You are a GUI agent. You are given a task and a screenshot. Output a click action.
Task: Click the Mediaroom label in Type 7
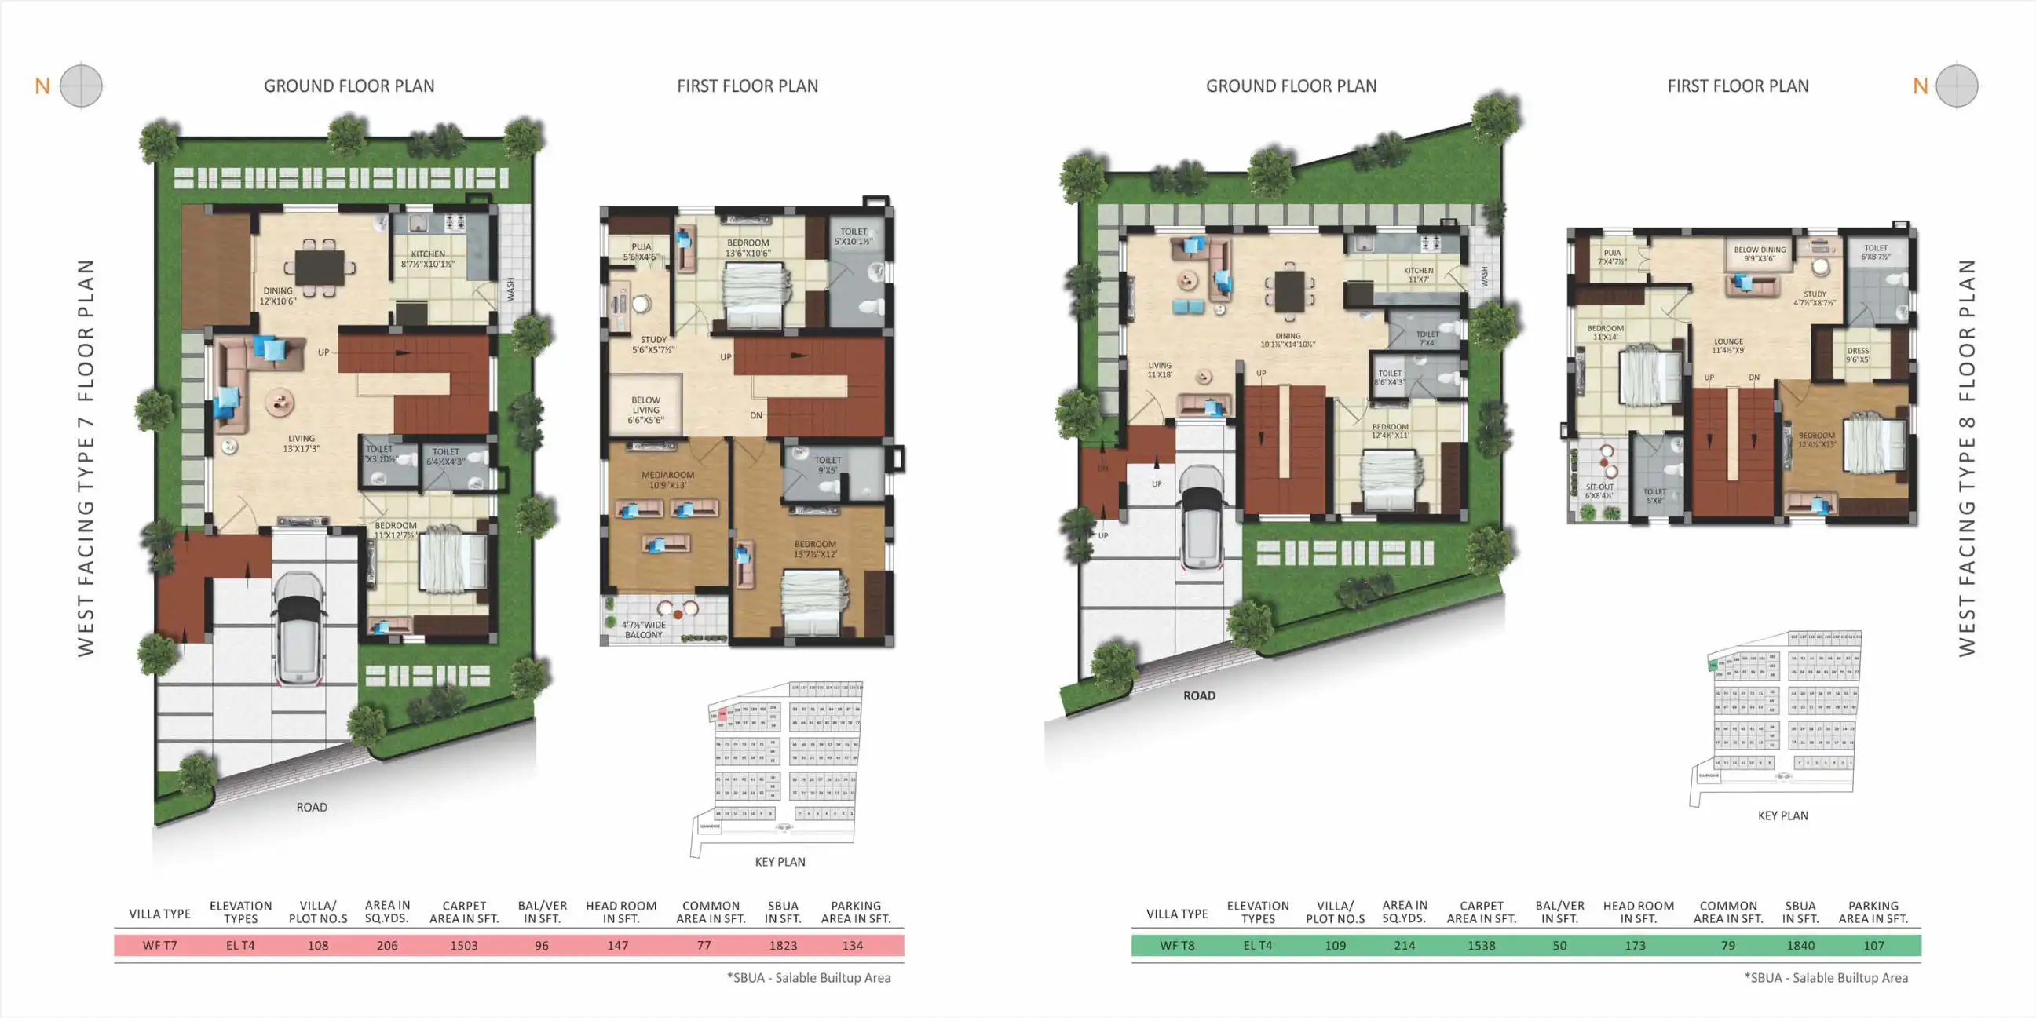point(668,480)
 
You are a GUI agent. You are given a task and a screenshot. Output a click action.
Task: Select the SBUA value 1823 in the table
point(783,945)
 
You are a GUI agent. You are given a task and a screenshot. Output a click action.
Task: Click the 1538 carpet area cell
point(1480,945)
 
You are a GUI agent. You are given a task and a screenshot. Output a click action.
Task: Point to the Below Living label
point(645,410)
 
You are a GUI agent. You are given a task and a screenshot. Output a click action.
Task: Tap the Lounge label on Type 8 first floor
point(1728,345)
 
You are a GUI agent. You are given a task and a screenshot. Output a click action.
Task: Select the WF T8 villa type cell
point(1177,945)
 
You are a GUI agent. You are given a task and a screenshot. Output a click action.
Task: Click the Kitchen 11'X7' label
point(1418,274)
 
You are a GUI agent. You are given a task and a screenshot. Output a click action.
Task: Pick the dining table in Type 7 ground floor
point(320,268)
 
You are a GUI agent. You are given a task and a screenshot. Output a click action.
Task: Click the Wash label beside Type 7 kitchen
point(510,289)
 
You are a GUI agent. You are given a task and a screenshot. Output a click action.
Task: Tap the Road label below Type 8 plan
point(1199,695)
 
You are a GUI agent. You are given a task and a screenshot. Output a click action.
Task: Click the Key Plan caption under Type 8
point(1782,815)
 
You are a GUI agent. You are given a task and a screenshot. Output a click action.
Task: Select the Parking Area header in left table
point(855,912)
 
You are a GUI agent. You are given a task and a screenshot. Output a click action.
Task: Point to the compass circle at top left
point(81,86)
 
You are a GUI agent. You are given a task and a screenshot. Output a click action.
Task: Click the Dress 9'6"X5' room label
point(1858,355)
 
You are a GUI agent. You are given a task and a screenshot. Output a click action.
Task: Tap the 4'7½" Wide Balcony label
point(643,630)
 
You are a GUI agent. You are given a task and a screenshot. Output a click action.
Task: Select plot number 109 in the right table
point(1335,945)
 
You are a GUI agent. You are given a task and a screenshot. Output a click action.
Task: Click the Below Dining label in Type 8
point(1760,254)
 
